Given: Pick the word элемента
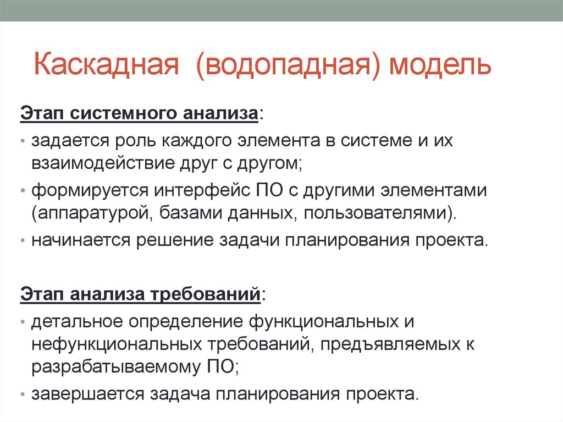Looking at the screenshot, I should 282,141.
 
